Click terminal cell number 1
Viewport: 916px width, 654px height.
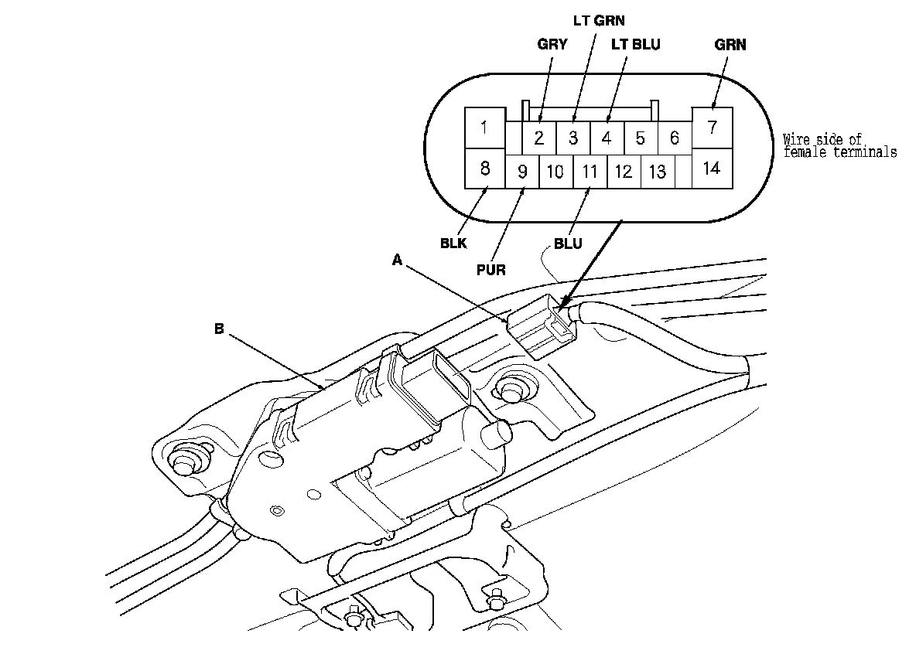coord(484,128)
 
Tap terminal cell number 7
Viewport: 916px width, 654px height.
coord(712,128)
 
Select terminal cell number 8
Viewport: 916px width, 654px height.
coord(484,169)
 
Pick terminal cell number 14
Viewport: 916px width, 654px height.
coord(712,169)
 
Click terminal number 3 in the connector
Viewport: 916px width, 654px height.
coord(573,138)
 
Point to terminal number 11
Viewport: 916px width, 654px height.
coord(590,172)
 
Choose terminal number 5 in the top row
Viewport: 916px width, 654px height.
coord(641,138)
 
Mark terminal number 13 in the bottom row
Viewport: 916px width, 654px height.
coord(657,172)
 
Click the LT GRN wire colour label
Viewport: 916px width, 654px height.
coord(598,22)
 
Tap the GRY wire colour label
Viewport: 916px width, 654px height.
coord(552,45)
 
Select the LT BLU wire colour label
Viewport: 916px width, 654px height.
coord(636,45)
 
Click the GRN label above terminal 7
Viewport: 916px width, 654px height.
coord(730,45)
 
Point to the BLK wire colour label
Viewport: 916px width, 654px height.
coord(453,242)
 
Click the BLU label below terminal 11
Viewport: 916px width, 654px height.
coord(569,245)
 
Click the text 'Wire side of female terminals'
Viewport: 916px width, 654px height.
coord(839,146)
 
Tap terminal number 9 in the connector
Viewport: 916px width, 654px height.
coord(522,172)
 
